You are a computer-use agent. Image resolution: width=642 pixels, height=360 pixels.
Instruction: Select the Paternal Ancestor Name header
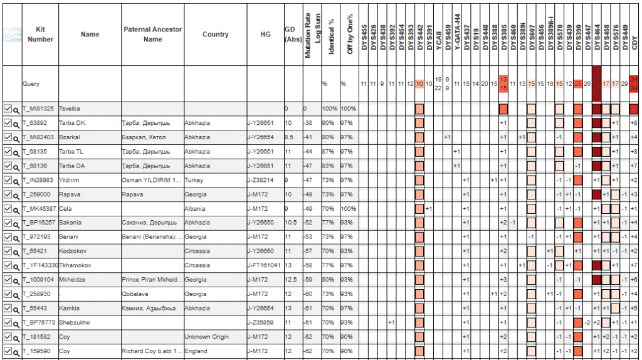(152, 34)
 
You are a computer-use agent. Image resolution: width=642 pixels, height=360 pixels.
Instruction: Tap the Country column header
(215, 34)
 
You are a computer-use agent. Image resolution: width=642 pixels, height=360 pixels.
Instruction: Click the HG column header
(265, 34)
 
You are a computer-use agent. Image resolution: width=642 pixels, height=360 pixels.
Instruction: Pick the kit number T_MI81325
(38, 109)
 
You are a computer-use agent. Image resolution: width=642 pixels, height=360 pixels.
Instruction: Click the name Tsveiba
(70, 109)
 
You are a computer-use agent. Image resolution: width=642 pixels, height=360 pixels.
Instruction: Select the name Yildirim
(70, 180)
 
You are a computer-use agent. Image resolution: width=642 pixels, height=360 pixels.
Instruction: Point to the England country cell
(196, 351)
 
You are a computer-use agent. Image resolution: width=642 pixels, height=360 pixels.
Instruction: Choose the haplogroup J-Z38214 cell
(263, 180)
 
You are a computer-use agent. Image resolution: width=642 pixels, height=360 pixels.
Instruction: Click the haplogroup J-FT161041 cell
(265, 265)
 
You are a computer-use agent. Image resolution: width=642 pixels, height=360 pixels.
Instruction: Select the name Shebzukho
(75, 322)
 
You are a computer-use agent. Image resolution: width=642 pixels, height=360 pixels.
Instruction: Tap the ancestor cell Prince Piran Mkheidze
(152, 280)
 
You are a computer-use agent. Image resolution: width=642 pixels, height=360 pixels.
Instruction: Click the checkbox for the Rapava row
(8, 194)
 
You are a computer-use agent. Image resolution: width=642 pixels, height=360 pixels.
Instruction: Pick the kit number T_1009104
(39, 280)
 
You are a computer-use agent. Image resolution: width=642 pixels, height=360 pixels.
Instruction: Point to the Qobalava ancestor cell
(138, 294)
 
